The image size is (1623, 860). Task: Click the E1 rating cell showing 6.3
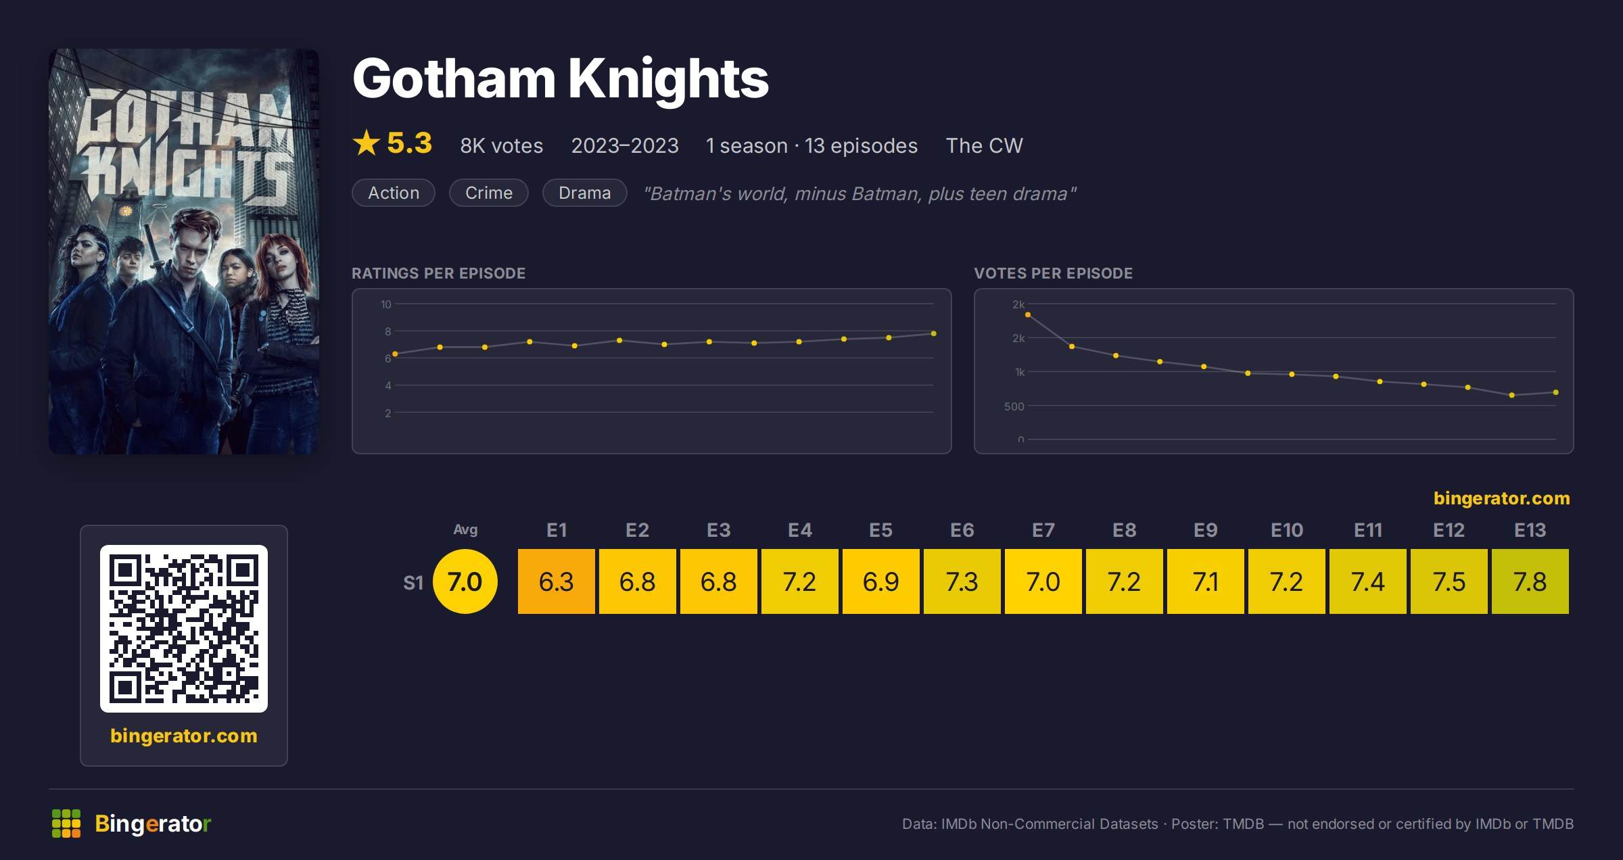(x=556, y=581)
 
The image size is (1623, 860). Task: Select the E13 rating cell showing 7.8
(x=1530, y=581)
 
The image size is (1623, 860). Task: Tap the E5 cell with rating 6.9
(x=880, y=581)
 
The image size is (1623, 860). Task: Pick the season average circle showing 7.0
(x=465, y=581)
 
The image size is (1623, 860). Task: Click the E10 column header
(x=1286, y=530)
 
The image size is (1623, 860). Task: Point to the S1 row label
(x=413, y=583)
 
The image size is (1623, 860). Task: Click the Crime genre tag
(x=489, y=193)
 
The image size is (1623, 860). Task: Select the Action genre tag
(x=394, y=193)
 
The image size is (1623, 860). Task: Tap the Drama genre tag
(x=585, y=193)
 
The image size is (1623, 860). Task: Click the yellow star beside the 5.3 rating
(x=367, y=143)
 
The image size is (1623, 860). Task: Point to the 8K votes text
(x=502, y=145)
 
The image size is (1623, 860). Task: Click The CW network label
(x=984, y=145)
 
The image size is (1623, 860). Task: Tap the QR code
(x=184, y=629)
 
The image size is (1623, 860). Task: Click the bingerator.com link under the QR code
(x=184, y=736)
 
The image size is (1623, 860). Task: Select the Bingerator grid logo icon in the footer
(x=66, y=823)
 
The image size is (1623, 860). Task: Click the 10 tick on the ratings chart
(x=385, y=304)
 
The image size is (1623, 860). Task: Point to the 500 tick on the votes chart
(x=1014, y=406)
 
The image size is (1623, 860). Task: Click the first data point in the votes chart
(x=1028, y=314)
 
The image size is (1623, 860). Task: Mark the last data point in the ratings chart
(x=934, y=333)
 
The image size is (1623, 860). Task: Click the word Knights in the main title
(x=668, y=80)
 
